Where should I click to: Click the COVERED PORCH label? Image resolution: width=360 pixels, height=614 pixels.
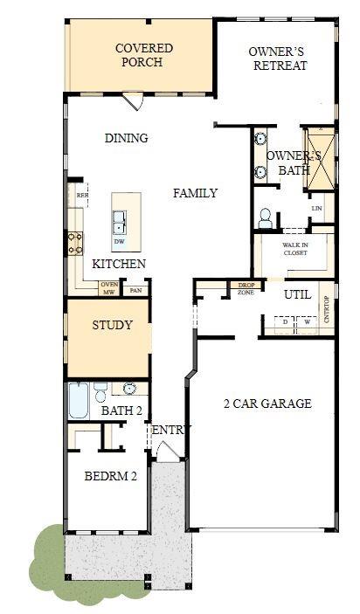coord(144,55)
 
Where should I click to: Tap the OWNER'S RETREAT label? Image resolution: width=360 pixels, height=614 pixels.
coord(277,59)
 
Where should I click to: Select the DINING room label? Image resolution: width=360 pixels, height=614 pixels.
coord(126,138)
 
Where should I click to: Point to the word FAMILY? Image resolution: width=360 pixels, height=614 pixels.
coord(194,193)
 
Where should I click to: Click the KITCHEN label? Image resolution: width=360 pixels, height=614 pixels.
coord(119,264)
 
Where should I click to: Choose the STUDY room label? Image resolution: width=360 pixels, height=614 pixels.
coord(112,326)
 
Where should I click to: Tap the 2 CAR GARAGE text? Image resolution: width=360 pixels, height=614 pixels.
coord(267,404)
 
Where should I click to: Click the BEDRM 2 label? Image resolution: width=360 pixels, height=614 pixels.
coord(110,477)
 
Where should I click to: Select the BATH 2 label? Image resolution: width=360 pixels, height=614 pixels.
coord(121,410)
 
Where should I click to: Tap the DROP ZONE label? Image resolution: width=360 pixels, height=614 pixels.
coord(246,289)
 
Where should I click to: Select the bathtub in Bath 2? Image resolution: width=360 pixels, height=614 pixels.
coord(79,403)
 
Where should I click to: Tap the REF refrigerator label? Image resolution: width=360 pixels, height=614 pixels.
coord(81,196)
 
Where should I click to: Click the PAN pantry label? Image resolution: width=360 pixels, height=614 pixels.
coord(135,291)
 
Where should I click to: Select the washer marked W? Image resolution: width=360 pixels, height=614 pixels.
coord(307,322)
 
